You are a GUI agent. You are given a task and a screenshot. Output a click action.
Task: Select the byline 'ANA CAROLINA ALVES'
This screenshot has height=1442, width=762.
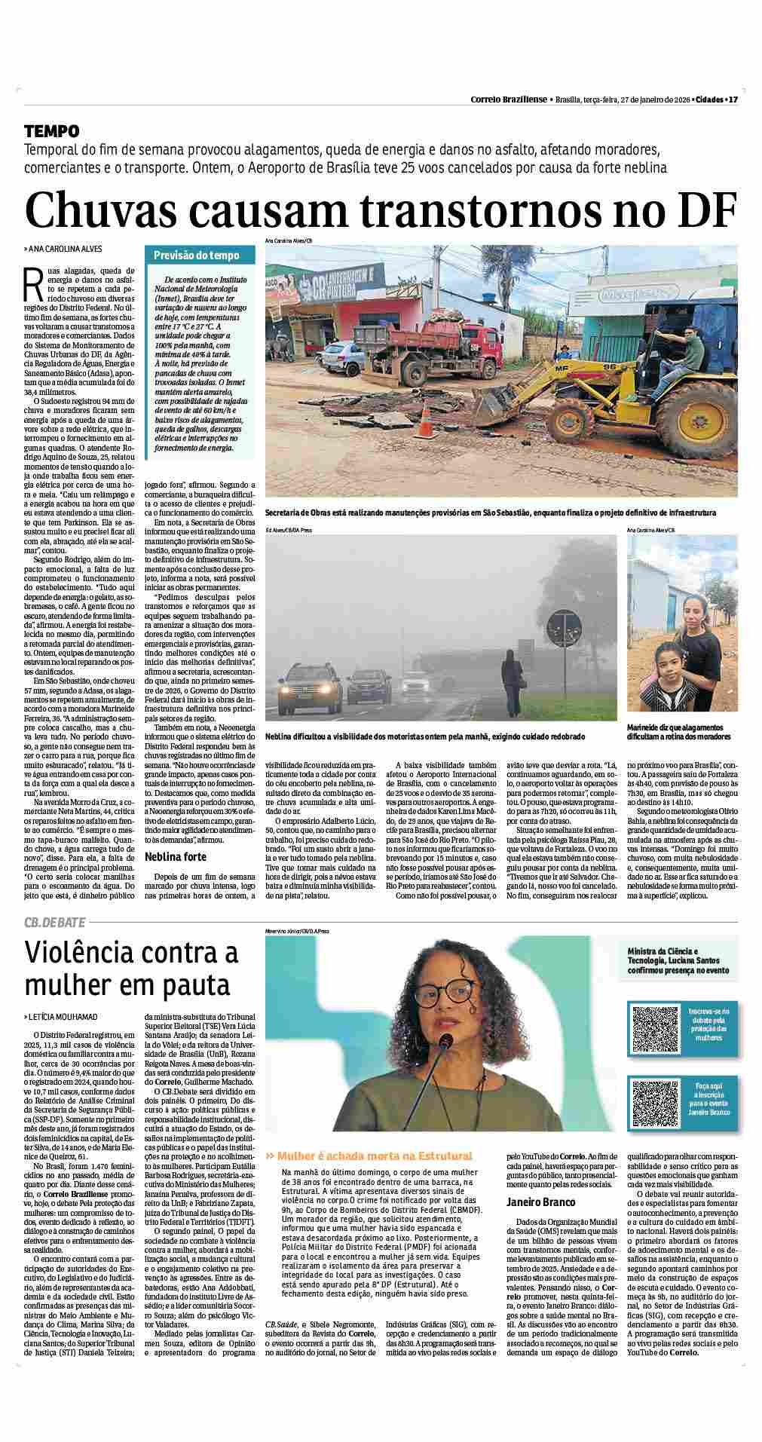[65, 250]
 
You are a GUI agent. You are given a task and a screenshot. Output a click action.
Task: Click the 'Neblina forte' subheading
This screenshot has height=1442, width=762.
[175, 857]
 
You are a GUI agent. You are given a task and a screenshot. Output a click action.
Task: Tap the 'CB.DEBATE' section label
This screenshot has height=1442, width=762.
[54, 922]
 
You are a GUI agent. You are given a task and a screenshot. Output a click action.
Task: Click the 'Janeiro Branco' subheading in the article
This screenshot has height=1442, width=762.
[540, 1202]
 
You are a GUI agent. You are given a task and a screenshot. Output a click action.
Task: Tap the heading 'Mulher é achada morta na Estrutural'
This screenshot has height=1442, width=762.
[374, 1156]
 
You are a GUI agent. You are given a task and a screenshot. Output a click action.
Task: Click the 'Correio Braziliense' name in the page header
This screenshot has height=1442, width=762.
[509, 100]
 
